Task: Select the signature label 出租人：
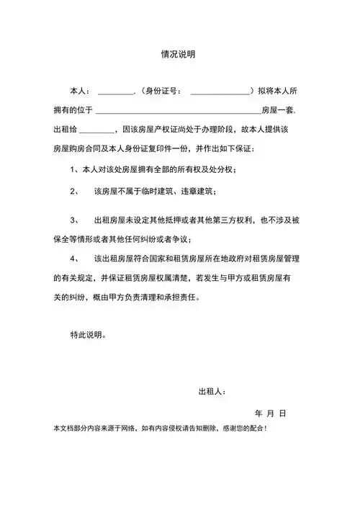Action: point(212,392)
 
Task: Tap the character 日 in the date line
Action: point(283,413)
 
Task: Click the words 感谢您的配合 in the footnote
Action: point(243,428)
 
